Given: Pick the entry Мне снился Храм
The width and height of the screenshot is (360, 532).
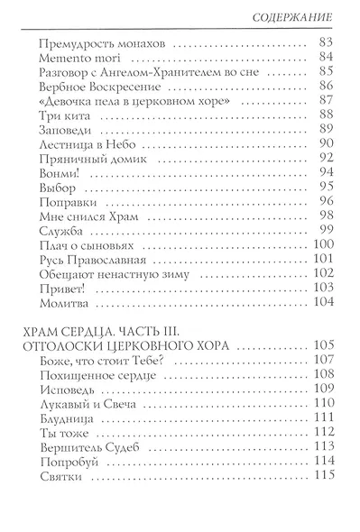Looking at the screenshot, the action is click(x=88, y=247).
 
